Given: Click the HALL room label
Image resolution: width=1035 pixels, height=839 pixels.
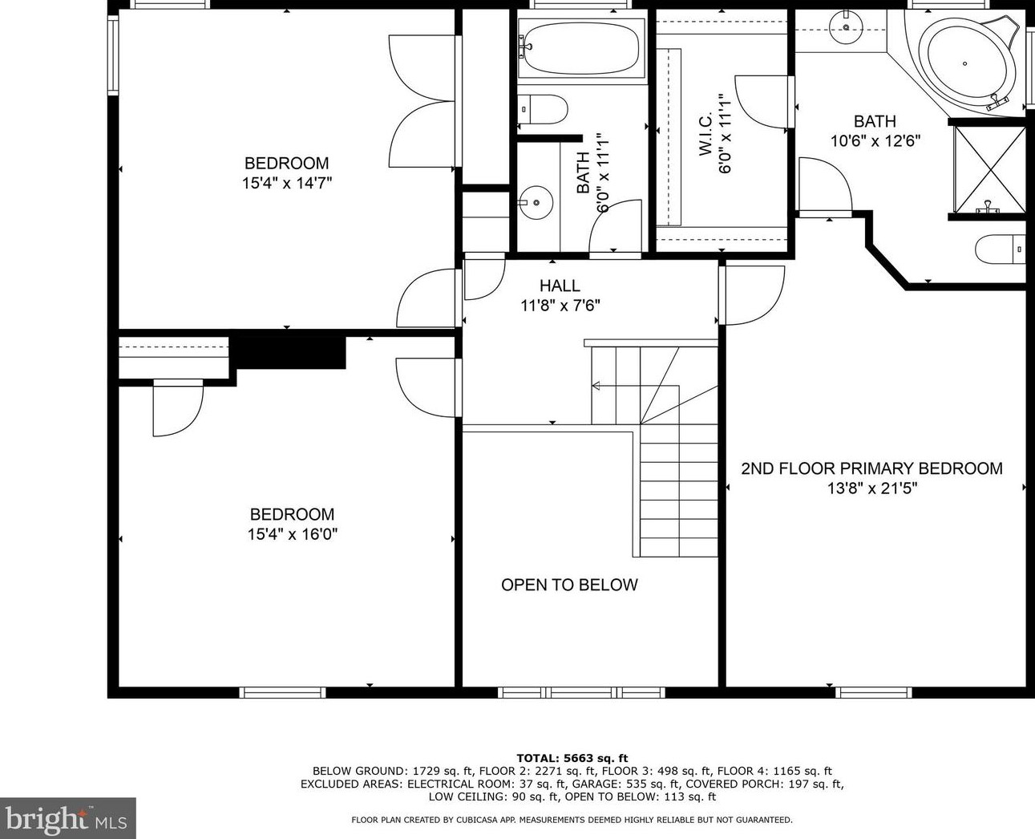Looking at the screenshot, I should [560, 286].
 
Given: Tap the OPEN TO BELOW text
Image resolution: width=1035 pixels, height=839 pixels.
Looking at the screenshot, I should [569, 585].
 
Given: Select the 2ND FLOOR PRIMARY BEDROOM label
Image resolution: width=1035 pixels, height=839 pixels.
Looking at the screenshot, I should [871, 468].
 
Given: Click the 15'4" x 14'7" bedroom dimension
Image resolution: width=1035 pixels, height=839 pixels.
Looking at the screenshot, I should [287, 183].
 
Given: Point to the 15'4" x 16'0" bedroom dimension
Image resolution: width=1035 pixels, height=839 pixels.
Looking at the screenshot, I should [292, 534].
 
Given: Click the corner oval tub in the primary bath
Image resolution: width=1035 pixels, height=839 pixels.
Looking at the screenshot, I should [966, 63].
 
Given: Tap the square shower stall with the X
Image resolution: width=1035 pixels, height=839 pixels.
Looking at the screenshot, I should [989, 168].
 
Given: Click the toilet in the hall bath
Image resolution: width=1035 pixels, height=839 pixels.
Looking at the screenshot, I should [543, 108].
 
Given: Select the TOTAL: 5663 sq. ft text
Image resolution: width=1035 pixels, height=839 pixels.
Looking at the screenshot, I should [572, 757].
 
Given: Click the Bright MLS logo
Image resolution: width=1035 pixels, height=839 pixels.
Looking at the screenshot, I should [67, 818].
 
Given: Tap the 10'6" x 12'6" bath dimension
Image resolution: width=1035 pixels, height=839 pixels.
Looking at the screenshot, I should [875, 140].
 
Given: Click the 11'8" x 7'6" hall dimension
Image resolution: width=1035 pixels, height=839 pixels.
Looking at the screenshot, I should [560, 305].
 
